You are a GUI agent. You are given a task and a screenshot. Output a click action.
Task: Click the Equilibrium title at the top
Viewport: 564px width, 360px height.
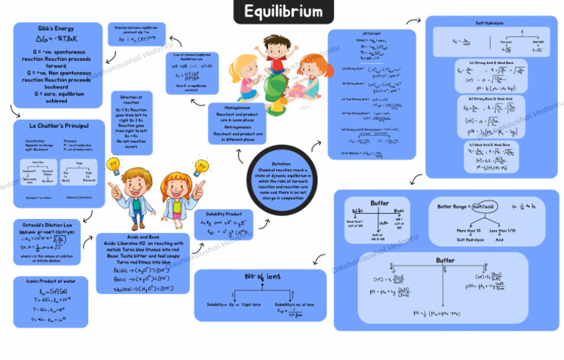[x=283, y=12]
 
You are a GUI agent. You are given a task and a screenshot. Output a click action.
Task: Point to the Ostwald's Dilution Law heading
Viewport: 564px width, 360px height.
[x=47, y=224]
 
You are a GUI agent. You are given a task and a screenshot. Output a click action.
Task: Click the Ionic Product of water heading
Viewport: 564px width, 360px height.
[x=46, y=281]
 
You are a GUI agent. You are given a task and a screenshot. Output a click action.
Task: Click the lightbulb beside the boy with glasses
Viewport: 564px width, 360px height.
[x=114, y=165]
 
